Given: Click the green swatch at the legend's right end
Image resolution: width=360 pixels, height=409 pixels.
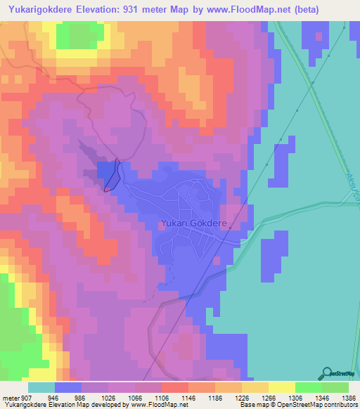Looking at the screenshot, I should (x=335, y=387).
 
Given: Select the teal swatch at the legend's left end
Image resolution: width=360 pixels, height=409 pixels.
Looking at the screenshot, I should (x=41, y=387).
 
